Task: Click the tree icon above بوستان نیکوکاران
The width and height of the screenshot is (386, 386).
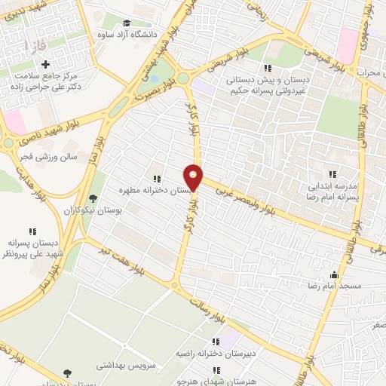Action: click(x=93, y=198)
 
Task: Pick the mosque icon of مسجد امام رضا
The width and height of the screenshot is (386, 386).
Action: click(x=334, y=275)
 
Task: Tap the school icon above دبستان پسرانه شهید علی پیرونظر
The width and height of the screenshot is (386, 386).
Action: click(x=32, y=231)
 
